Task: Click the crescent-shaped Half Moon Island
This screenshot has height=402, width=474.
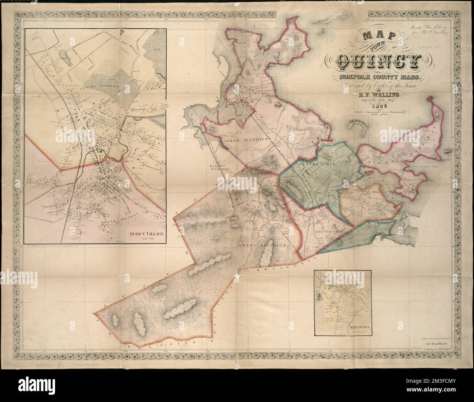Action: click(x=356, y=127)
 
